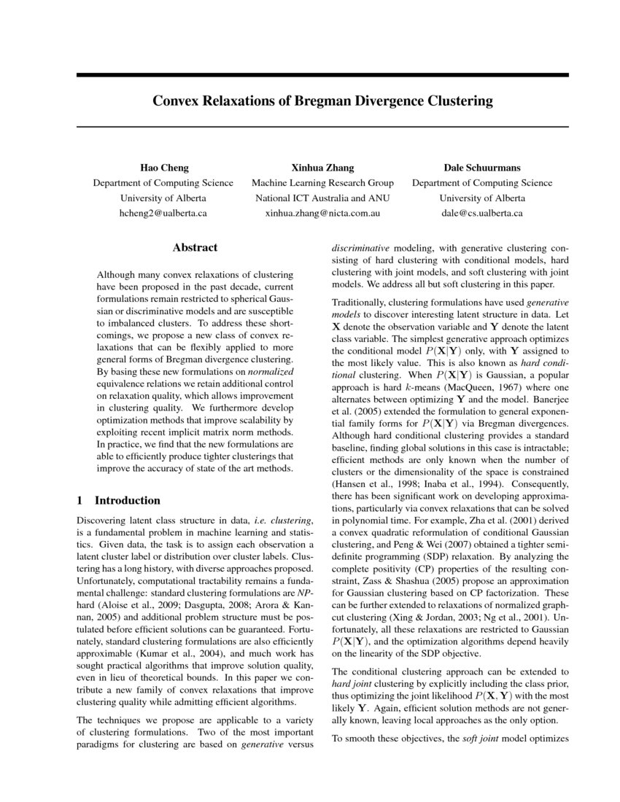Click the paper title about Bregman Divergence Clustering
click(x=312, y=101)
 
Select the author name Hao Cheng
click(x=163, y=168)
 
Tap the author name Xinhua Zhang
click(x=322, y=168)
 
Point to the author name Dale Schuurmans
click(x=482, y=168)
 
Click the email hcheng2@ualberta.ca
click(x=163, y=214)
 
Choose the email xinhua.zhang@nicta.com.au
click(x=322, y=214)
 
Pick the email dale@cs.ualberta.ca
click(x=482, y=214)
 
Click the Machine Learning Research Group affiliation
click(x=322, y=183)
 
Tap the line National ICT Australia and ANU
click(x=322, y=198)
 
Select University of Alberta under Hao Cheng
click(x=163, y=198)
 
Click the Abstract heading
click(x=195, y=248)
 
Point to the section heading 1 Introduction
click(x=118, y=501)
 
